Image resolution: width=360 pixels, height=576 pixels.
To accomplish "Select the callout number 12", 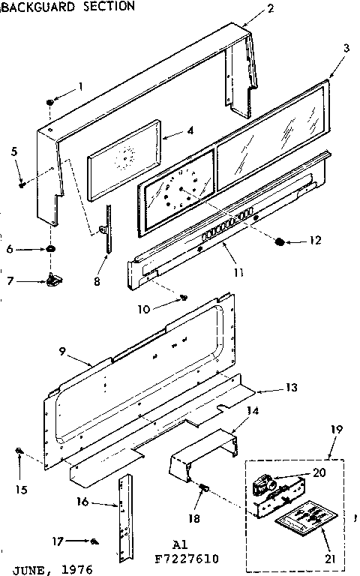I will (313, 241).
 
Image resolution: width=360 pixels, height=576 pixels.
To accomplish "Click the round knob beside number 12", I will (280, 241).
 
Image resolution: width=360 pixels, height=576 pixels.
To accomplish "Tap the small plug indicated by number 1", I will (50, 100).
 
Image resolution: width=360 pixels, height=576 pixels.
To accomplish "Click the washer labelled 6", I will (50, 249).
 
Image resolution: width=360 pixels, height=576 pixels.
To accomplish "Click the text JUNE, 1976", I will (47, 569).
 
